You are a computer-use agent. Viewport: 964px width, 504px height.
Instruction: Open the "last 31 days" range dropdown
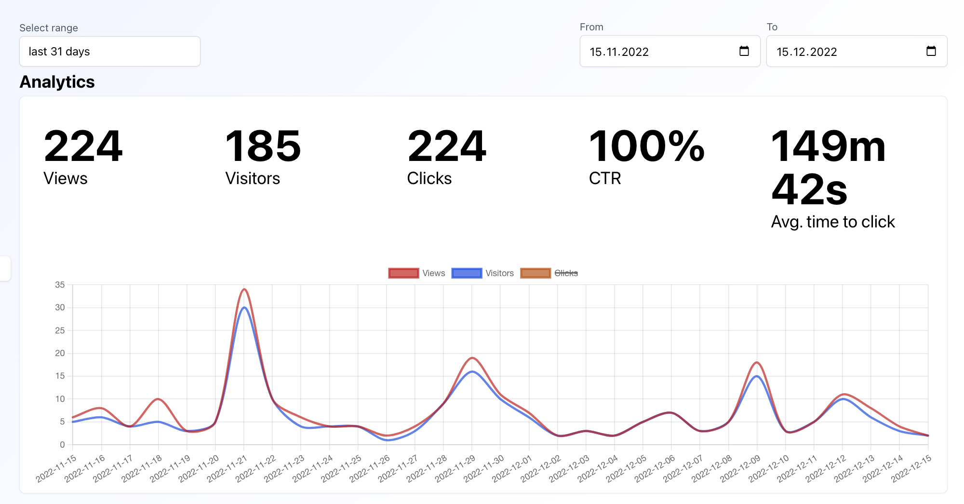click(109, 52)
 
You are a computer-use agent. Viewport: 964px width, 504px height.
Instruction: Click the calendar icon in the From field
click(744, 51)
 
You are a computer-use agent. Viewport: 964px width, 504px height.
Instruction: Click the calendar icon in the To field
click(931, 51)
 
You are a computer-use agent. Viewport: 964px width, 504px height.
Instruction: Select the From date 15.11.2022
click(619, 52)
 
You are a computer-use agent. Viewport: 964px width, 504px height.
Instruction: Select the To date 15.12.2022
click(807, 52)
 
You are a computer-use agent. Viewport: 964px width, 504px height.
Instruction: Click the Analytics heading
click(57, 82)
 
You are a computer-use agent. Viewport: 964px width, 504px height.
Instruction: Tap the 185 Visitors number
click(263, 146)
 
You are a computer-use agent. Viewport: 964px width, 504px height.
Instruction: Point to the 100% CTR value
click(646, 146)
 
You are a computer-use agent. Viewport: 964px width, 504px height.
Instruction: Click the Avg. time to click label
click(833, 222)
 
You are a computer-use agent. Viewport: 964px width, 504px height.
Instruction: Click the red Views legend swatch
click(403, 273)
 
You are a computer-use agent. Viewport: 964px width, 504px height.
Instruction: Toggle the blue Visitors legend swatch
click(467, 273)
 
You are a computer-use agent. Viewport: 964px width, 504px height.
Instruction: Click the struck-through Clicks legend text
click(566, 273)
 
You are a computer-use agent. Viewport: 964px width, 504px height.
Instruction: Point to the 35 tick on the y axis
click(60, 285)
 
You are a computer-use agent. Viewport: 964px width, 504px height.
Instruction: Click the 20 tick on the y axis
click(60, 353)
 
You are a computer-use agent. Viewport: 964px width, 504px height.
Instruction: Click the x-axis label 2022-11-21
click(227, 468)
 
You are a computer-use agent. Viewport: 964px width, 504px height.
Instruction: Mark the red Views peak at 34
click(244, 289)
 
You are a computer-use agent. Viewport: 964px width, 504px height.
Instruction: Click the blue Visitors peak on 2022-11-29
click(472, 371)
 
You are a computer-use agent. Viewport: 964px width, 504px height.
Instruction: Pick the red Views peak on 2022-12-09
click(757, 362)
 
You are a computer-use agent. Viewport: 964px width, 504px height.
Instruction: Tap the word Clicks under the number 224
click(429, 178)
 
